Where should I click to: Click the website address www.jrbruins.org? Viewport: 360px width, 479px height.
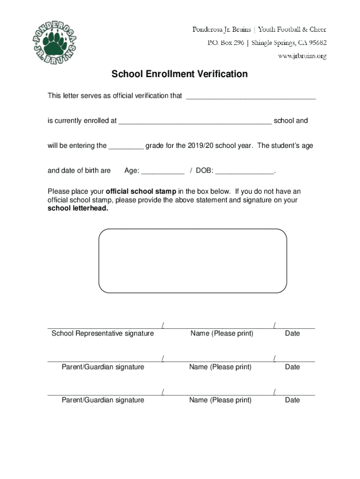click(303, 56)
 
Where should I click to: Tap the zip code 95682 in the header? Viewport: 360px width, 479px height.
click(317, 43)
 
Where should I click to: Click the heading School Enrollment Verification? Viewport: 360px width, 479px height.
click(179, 74)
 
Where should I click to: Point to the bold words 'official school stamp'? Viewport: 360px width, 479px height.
click(141, 191)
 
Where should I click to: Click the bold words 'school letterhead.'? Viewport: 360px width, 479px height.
click(78, 209)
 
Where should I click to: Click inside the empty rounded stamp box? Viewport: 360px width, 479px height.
click(192, 261)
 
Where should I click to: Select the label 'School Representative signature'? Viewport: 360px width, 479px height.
click(102, 334)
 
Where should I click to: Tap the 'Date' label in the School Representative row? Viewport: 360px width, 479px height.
click(292, 334)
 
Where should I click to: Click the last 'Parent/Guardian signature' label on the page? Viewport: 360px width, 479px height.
click(103, 400)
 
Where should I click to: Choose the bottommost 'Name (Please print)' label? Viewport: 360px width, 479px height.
click(220, 400)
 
